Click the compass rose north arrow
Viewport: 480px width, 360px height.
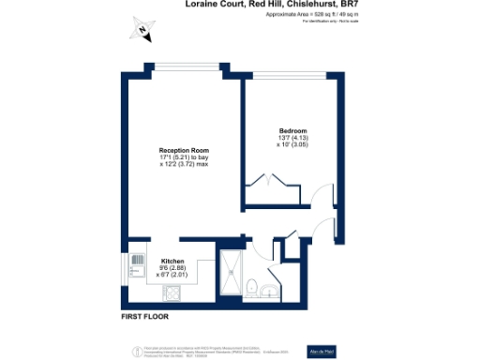[142, 30]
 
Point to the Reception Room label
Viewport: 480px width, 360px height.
[183, 150]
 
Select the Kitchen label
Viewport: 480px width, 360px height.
[172, 261]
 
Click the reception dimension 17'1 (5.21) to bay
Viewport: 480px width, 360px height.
[183, 157]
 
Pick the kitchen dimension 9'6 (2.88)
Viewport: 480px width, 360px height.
[172, 268]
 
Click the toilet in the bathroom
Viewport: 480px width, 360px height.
[252, 287]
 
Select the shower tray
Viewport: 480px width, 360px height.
[229, 272]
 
